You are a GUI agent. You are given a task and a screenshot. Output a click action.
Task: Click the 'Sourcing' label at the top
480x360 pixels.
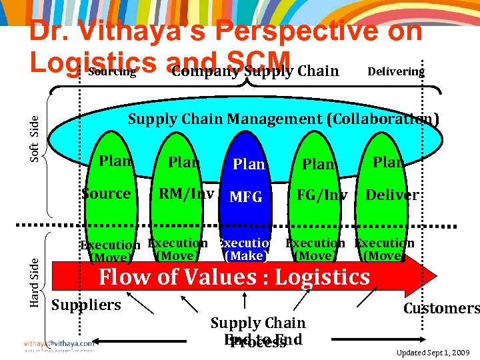pos(112,71)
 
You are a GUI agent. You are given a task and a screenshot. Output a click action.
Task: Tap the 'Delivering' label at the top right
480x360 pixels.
pos(396,71)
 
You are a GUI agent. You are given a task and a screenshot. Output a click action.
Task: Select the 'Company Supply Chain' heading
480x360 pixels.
pos(255,71)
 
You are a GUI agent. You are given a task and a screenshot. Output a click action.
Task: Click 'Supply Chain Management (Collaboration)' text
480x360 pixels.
pos(283,119)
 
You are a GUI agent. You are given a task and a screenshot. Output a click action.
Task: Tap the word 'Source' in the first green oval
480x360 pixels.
pos(106,194)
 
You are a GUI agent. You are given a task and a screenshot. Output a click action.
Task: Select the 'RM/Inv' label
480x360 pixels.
pos(187,194)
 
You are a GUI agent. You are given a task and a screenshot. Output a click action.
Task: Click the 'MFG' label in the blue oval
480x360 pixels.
pos(246,197)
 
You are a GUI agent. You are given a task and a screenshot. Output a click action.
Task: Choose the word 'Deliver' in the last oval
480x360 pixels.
pos(392,195)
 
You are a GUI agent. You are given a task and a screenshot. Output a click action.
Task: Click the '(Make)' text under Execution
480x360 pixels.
pos(245,255)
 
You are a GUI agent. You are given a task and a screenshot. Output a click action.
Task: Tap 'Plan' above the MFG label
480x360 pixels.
pos(248,164)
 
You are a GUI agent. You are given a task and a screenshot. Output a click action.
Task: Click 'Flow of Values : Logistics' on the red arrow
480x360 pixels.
pos(234,277)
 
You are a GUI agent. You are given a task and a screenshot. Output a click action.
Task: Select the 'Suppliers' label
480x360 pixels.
pos(86,305)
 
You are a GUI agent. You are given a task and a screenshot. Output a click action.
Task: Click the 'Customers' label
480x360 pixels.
pos(441,308)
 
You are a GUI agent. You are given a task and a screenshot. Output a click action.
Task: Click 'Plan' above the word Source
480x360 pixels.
pos(115,161)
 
